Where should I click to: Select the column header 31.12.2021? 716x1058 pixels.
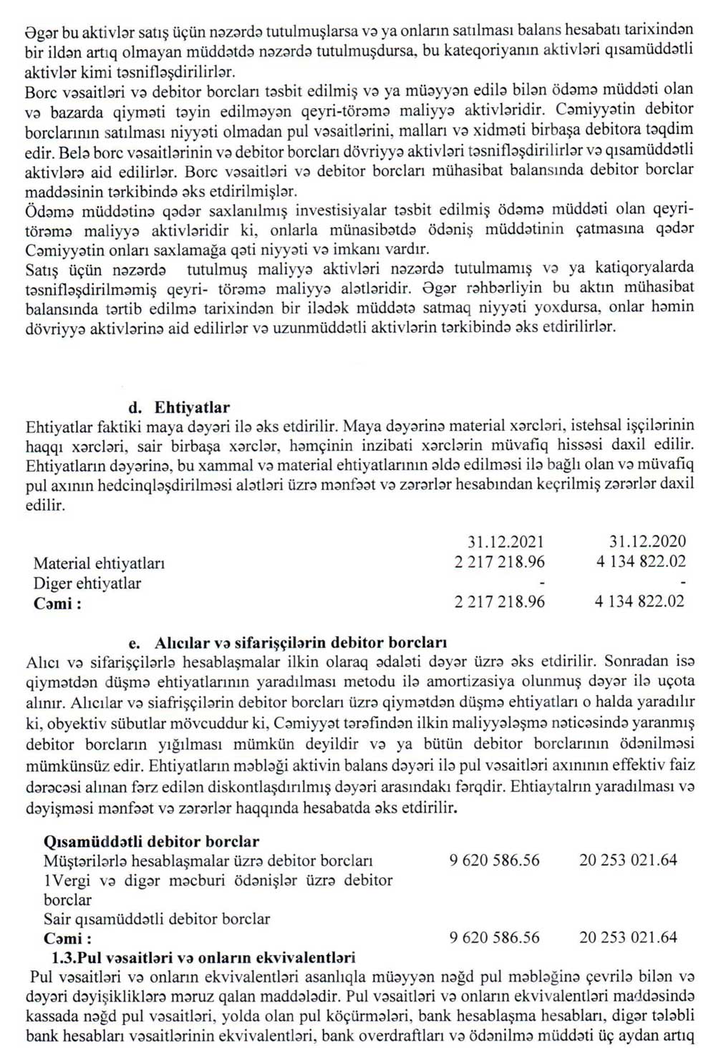506,542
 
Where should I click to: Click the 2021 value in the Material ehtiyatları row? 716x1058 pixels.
499,562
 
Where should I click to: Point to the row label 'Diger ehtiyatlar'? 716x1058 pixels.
87,583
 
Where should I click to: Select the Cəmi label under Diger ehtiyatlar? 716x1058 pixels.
57,603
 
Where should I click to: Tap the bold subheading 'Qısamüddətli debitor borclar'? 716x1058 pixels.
151,842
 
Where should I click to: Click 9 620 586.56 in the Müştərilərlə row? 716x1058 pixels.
495,860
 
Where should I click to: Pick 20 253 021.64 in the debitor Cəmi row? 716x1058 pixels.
628,937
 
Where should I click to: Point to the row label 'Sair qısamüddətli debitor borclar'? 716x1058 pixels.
157,918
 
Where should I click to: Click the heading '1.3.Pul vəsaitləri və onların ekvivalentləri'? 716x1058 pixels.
203,957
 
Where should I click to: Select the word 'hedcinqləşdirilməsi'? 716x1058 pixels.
141,485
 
